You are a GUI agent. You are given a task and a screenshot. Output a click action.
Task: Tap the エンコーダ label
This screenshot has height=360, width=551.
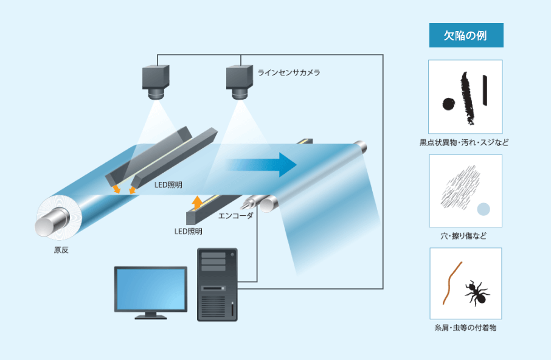click(235, 215)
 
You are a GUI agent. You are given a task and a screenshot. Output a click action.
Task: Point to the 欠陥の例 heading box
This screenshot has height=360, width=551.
click(466, 35)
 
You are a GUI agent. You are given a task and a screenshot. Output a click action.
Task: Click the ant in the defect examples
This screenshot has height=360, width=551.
click(477, 292)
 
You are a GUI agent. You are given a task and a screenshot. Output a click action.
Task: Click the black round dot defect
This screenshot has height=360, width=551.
click(448, 104)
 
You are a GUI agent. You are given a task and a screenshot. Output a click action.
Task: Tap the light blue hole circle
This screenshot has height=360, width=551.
click(483, 210)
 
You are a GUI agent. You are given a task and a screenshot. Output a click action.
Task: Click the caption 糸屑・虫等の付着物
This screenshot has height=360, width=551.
click(466, 329)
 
